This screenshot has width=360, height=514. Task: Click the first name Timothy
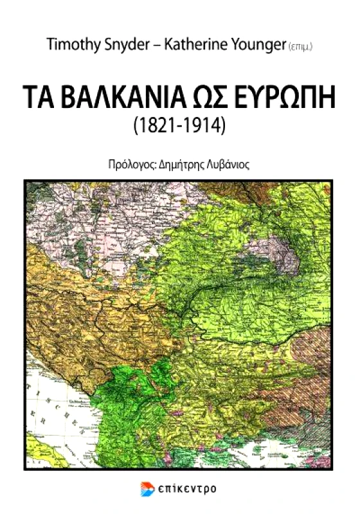click(72, 44)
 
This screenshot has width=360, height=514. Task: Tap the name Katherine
click(195, 44)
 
